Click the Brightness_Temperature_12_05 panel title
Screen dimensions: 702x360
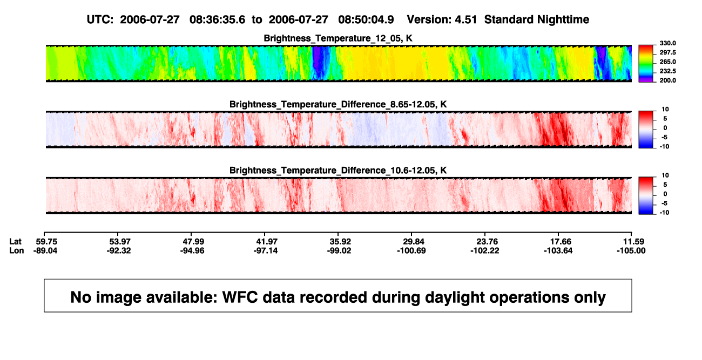point(338,38)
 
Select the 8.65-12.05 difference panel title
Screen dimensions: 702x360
point(338,104)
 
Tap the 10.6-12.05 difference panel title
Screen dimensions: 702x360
point(338,171)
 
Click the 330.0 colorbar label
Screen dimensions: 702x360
point(667,43)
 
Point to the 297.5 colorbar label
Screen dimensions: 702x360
point(667,52)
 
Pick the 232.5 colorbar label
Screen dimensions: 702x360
point(667,71)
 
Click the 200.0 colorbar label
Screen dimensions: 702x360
point(667,80)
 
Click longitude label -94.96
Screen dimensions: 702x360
point(192,251)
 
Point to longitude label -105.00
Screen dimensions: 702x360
point(631,251)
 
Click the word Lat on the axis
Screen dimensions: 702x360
point(15,242)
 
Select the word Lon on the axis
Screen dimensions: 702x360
point(16,251)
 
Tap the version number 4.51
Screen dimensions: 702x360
point(465,20)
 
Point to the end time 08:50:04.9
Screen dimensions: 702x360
point(366,20)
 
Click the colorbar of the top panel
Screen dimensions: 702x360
point(646,64)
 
